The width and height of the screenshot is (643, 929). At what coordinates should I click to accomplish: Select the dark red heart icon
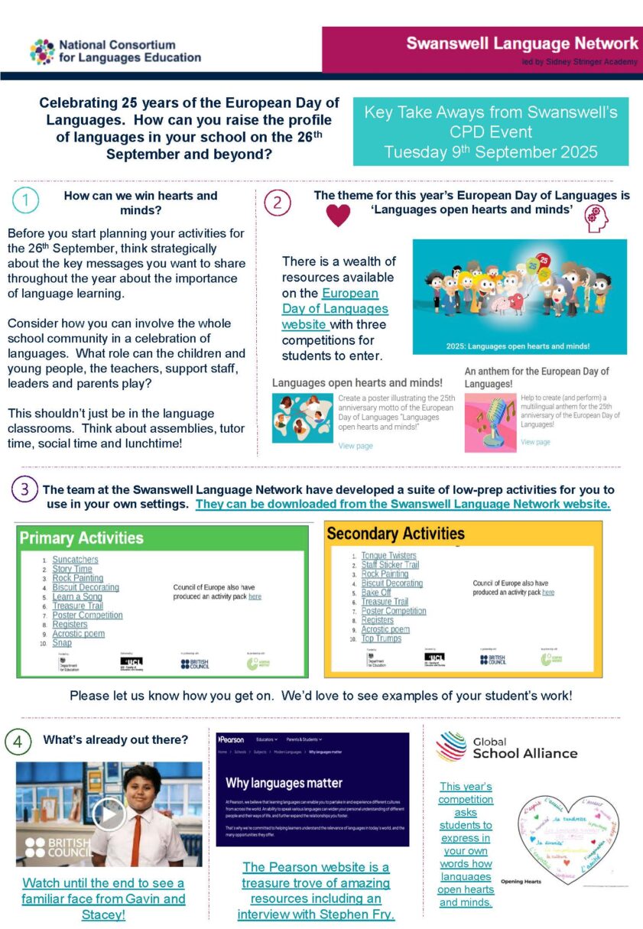click(x=338, y=216)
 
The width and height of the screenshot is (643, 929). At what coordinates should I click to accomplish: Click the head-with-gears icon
click(x=596, y=219)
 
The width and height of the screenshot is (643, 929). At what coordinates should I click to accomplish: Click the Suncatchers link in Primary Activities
click(x=75, y=560)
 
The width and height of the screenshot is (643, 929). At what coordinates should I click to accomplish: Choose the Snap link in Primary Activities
click(x=62, y=643)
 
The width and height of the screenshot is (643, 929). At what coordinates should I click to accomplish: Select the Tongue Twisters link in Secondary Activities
click(x=388, y=555)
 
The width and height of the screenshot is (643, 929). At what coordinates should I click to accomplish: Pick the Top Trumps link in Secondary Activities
click(x=381, y=638)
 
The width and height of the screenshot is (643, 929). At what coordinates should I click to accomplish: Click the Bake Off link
click(x=376, y=593)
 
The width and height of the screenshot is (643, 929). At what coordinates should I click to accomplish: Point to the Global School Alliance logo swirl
click(x=451, y=746)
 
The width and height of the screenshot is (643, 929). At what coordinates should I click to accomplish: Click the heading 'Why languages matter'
click(x=284, y=783)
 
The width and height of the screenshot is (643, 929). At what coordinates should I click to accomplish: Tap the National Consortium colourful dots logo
click(x=41, y=51)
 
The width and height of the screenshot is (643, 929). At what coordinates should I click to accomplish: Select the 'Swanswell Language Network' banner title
click(x=521, y=43)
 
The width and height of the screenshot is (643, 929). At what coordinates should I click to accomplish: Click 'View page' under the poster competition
click(x=355, y=446)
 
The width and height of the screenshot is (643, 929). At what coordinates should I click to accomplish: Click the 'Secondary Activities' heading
click(x=395, y=533)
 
